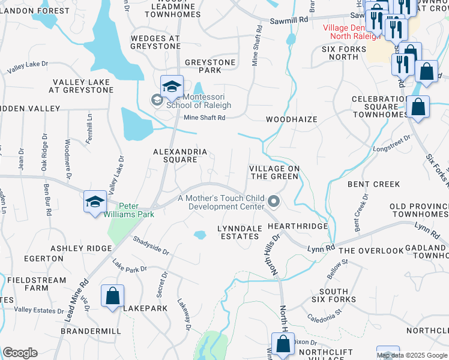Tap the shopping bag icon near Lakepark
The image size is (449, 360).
pos(112,296)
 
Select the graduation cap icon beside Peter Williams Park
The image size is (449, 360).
pos(95,202)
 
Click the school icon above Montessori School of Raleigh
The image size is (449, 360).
pos(172,86)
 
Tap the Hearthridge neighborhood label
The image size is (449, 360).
pos(298,226)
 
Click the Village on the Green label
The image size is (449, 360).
pos(274,173)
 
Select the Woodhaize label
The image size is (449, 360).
pos(291,119)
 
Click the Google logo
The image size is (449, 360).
pos(20,353)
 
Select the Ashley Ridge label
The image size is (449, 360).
pos(81,248)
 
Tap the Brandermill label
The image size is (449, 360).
pos(95,331)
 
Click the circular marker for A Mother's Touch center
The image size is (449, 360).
pos(274,202)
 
